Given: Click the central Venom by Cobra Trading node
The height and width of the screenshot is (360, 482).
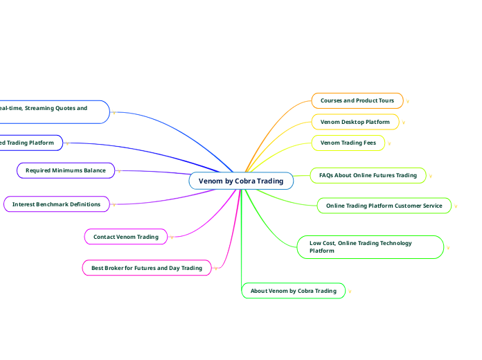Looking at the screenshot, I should [241, 181].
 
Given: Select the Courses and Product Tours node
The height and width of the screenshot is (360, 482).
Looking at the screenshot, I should [357, 100].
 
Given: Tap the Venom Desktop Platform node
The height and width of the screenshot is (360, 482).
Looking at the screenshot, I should [355, 122].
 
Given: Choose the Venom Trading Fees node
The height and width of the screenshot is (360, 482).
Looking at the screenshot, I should [348, 143].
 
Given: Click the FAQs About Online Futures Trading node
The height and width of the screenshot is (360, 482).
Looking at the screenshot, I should [368, 175].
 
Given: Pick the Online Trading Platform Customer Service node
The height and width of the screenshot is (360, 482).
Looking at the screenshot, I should [384, 206].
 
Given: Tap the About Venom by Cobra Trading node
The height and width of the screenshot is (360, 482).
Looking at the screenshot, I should [293, 291].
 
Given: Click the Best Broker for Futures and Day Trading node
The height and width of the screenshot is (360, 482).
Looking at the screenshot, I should [147, 267].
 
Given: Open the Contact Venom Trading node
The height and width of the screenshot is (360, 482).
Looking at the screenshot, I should [125, 237].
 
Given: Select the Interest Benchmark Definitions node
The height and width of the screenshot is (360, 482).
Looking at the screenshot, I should [56, 204].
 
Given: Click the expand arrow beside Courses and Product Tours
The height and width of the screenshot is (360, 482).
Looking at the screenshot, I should [408, 101].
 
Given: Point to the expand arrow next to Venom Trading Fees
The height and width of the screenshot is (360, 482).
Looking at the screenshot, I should [389, 143].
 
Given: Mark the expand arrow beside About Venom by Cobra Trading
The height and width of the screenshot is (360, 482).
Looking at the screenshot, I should [350, 291].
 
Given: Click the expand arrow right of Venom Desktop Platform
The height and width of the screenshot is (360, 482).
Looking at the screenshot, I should [404, 123].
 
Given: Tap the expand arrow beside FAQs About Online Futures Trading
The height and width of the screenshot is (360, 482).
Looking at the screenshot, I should [431, 176].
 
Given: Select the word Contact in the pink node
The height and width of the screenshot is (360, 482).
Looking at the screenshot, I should [105, 237].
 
